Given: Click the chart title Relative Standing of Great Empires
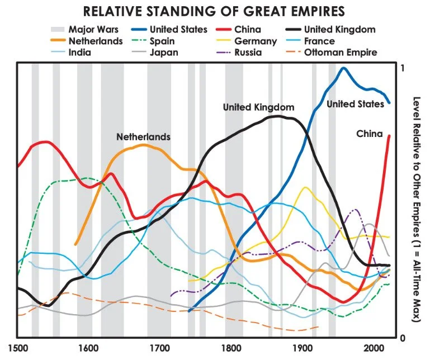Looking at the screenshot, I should tap(215, 11).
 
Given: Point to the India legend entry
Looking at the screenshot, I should tap(79, 53).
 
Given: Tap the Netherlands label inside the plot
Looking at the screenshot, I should tap(143, 136).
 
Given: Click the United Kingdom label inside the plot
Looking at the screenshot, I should tap(258, 107).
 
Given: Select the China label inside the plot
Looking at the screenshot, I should tap(369, 134).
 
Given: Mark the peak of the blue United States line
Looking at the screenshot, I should tap(343, 68).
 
